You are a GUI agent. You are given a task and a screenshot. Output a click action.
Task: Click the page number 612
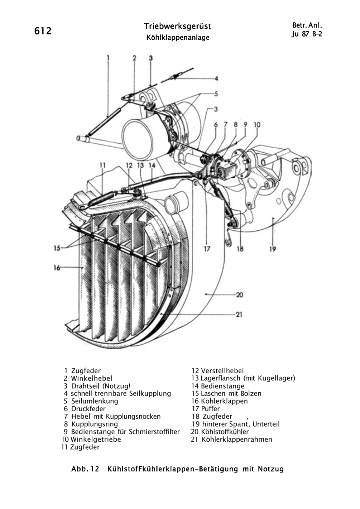pos(43,31)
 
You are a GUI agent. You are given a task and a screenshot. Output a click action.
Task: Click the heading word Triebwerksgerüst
pos(178,27)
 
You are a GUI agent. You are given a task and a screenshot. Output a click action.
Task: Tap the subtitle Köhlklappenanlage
pos(178,37)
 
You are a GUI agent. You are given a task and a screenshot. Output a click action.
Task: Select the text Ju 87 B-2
pos(307,34)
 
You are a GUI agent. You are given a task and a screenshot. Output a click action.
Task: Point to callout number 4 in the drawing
pos(216,78)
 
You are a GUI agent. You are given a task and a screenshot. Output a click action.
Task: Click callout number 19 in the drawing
pos(273,249)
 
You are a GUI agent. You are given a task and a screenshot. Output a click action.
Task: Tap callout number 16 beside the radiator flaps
pos(57,268)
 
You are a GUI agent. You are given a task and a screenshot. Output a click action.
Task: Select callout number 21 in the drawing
pos(239,315)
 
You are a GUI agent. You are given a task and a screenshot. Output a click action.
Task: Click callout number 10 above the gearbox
pos(257,125)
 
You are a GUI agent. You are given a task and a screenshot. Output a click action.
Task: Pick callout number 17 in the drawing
pos(207,249)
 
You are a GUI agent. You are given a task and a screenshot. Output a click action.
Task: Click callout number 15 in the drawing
pos(57,248)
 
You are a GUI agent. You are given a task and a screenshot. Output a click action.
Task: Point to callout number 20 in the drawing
pos(240,295)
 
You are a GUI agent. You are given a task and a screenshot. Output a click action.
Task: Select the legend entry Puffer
pos(210,409)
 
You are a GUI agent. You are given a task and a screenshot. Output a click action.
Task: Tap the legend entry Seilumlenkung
pos(95,401)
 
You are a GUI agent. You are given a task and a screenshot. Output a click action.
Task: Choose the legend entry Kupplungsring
pos(95,424)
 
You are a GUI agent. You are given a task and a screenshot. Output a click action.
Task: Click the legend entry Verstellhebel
pos(222,371)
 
